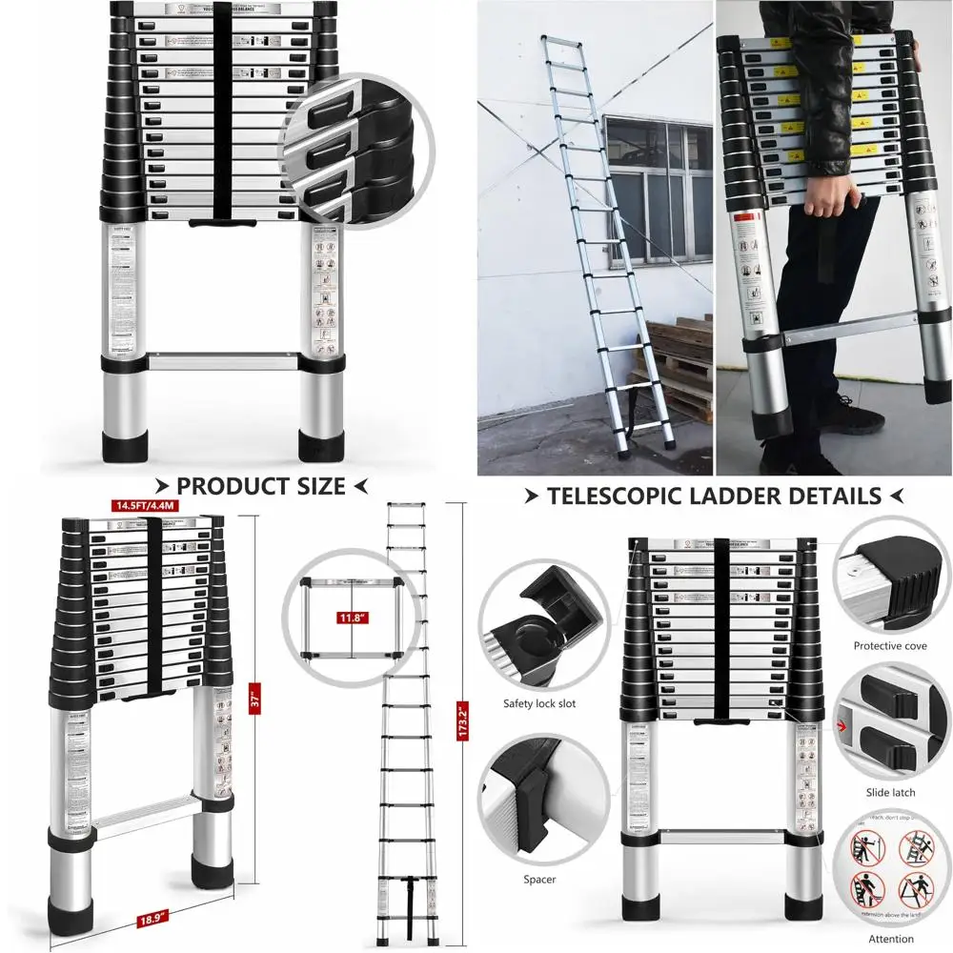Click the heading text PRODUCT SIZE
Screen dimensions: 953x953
coord(260,487)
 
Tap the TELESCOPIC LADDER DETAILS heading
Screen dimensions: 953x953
coord(714,496)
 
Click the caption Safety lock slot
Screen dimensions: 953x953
coord(539,703)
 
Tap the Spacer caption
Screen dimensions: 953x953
coord(539,880)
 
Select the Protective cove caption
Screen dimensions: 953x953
coord(890,646)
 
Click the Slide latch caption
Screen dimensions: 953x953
coord(890,793)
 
